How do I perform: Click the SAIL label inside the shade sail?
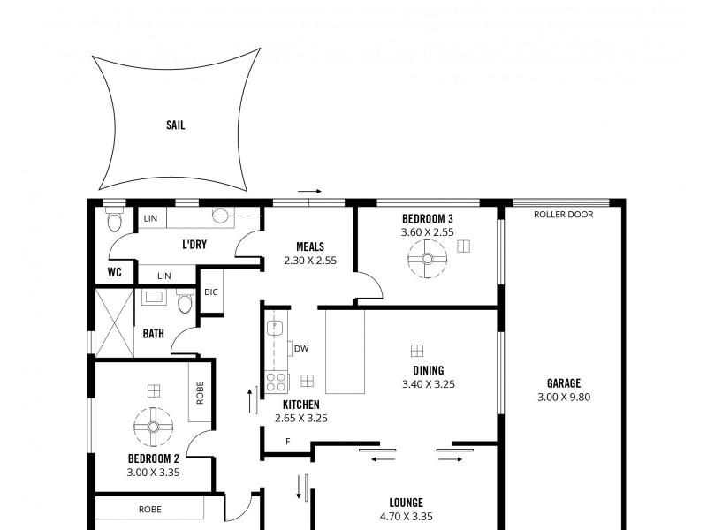pyautogui.click(x=175, y=125)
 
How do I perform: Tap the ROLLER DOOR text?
pyautogui.click(x=563, y=215)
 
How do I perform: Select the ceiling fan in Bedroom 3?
pyautogui.click(x=428, y=260)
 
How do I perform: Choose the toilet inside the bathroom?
pyautogui.click(x=185, y=302)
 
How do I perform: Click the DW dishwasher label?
pyautogui.click(x=301, y=348)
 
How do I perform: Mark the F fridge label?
pyautogui.click(x=287, y=441)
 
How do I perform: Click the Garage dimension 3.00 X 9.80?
pyautogui.click(x=563, y=397)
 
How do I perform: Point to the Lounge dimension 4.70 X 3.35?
pyautogui.click(x=406, y=517)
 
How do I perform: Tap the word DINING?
pyautogui.click(x=428, y=370)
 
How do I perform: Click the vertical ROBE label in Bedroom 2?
pyautogui.click(x=200, y=392)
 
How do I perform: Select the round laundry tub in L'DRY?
pyautogui.click(x=220, y=215)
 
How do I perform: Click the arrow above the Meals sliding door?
pyautogui.click(x=310, y=190)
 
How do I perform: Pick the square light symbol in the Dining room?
pyautogui.click(x=417, y=350)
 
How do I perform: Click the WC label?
pyautogui.click(x=114, y=272)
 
